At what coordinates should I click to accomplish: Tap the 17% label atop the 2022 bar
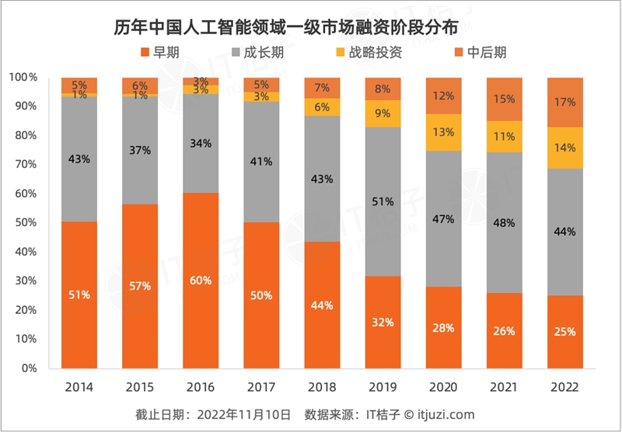coord(566,102)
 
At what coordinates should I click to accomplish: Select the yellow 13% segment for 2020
coord(444,132)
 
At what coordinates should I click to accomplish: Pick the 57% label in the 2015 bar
coord(141,286)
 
